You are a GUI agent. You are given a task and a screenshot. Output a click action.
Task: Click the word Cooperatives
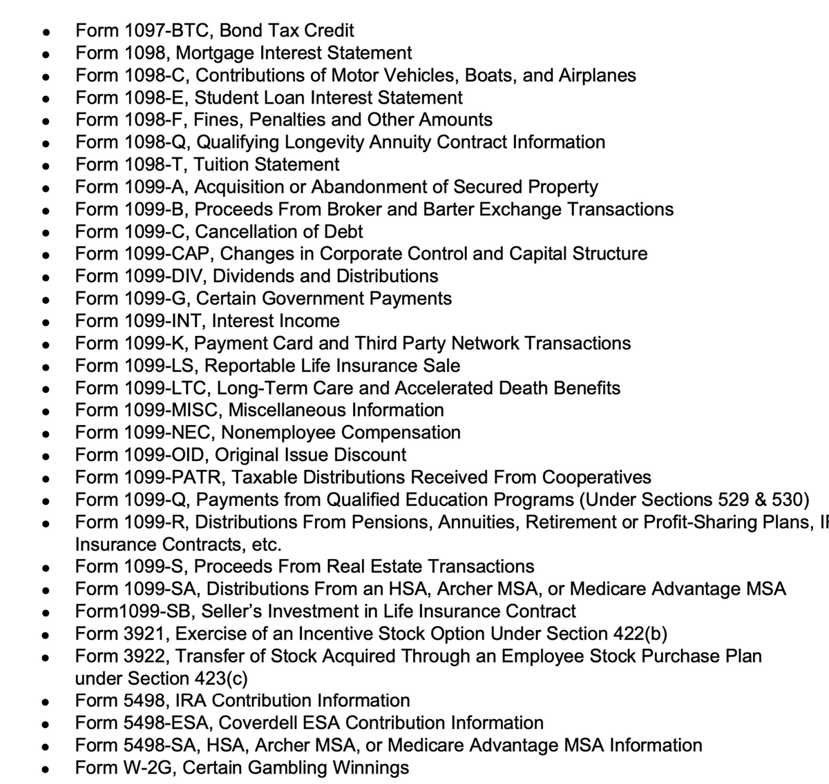tap(596, 478)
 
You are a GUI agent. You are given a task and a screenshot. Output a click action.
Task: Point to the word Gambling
tap(285, 767)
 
